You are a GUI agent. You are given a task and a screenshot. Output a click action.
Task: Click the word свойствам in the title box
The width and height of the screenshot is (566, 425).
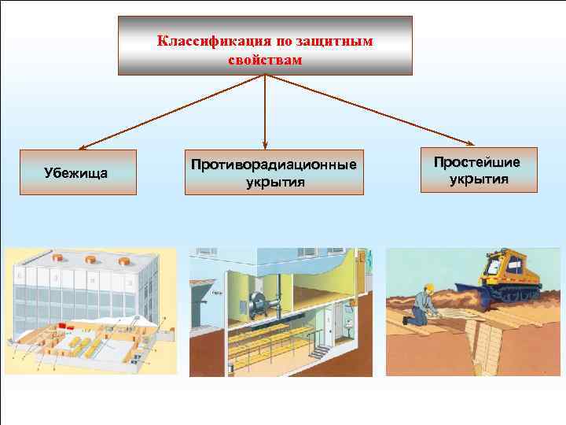click(264, 59)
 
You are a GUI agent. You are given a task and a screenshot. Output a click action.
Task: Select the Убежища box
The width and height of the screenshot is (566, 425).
click(78, 172)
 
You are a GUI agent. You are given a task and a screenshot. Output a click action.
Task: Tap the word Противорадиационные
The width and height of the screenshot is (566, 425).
click(274, 165)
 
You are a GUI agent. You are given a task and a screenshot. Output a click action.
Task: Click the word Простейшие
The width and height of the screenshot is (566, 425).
click(477, 162)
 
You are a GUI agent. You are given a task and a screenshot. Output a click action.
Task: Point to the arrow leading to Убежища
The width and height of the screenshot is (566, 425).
click(173, 110)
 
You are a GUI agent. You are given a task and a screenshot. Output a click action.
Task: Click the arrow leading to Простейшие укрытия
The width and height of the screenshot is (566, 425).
click(369, 110)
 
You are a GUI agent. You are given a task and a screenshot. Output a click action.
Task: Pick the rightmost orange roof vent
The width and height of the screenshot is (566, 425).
click(123, 261)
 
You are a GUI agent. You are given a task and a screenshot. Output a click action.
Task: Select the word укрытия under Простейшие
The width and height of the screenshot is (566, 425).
click(478, 179)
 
